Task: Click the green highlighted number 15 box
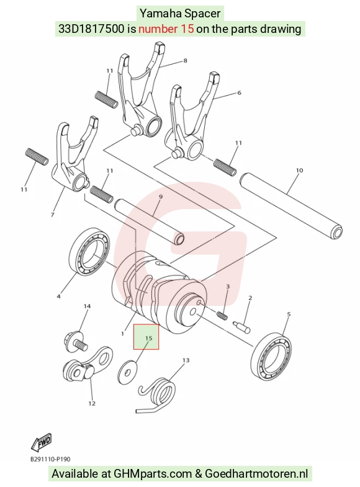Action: (x=146, y=337)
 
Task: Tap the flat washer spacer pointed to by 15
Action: (x=128, y=371)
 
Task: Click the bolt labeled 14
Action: (x=75, y=342)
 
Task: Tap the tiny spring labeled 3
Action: (x=223, y=316)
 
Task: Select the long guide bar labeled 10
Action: (x=291, y=206)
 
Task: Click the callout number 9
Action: (x=161, y=197)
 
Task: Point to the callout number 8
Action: (x=185, y=61)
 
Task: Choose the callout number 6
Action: (x=239, y=92)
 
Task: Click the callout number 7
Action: (x=52, y=215)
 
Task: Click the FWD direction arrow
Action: (x=42, y=442)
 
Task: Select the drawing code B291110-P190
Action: (x=50, y=458)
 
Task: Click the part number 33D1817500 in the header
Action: (x=92, y=29)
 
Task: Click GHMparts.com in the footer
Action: (x=153, y=474)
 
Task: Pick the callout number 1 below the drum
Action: (x=123, y=334)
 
